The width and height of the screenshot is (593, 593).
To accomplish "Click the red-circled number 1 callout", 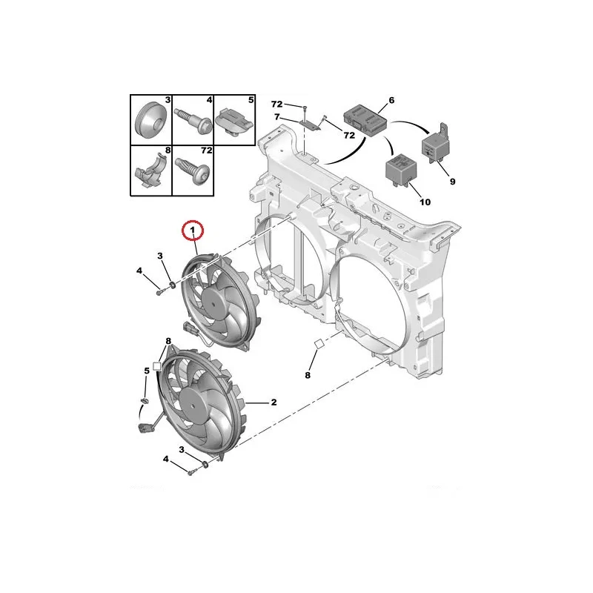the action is [193, 231].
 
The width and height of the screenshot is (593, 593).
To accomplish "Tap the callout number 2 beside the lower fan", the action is [274, 402].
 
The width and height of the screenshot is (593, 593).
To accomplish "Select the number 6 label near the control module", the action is [391, 100].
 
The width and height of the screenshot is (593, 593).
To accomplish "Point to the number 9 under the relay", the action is [452, 182].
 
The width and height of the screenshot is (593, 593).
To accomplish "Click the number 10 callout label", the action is [425, 202].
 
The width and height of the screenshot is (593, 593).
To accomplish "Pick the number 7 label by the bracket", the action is [277, 117].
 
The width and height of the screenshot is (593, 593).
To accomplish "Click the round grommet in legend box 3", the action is [150, 121].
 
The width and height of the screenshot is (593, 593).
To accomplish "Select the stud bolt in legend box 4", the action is [193, 120].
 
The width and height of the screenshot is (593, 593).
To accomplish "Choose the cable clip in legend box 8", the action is [150, 170].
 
